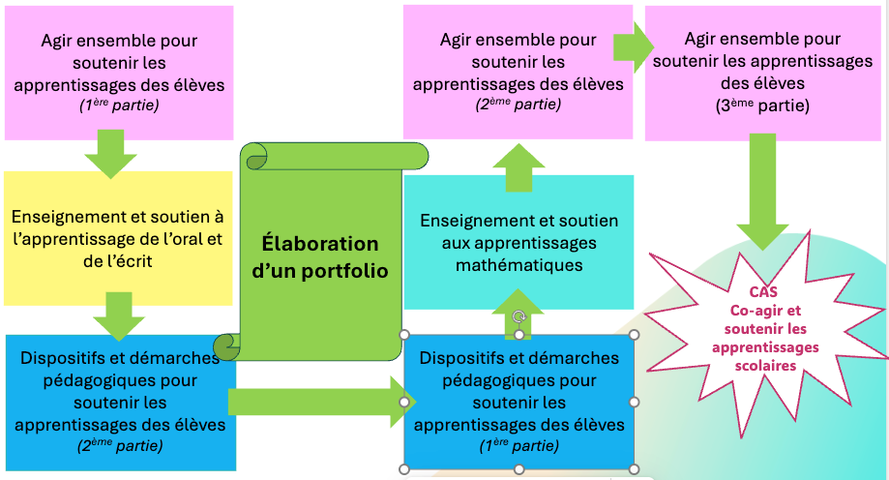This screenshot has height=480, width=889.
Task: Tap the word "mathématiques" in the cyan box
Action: (x=519, y=263)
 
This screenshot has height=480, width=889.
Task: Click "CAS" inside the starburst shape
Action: (x=764, y=291)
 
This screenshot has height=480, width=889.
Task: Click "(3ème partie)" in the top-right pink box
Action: (x=762, y=105)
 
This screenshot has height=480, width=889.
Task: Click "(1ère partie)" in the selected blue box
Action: (x=519, y=445)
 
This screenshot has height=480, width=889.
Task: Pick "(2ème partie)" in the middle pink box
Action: (x=519, y=105)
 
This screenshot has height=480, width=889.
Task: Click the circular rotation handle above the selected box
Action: (x=519, y=316)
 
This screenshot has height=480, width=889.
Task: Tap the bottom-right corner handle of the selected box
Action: (x=635, y=469)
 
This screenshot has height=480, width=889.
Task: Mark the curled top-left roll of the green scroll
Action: (x=254, y=155)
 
